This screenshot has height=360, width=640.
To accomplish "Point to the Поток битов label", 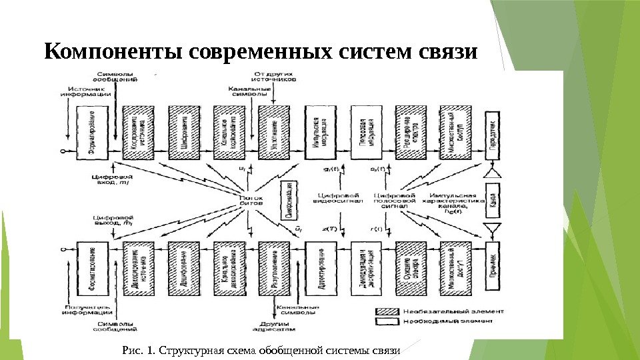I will (x=251, y=200).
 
